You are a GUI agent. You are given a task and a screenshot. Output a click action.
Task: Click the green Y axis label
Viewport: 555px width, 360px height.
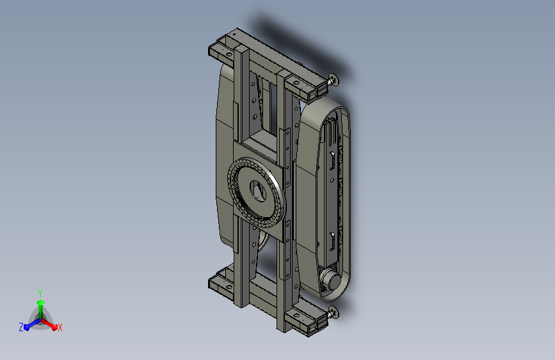coord(40,293)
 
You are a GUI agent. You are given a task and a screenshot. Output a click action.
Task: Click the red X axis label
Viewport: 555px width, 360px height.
coord(60,327)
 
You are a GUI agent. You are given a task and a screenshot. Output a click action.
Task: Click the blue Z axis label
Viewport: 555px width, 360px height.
coord(21,327)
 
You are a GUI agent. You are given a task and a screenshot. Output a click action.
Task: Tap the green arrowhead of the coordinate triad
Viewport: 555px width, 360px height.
coord(40,302)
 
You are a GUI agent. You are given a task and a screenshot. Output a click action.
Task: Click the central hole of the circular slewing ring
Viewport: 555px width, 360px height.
coord(258,191)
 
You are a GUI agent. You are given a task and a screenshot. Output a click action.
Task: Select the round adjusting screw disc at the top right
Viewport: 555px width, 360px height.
coord(334,81)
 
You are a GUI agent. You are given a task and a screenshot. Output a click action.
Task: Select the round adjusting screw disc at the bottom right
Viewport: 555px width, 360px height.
coord(334,312)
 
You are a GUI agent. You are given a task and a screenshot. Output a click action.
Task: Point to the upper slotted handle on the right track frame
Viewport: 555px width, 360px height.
coord(333,160)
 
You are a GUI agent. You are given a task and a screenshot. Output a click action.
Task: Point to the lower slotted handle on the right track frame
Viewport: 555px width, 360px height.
coord(333,241)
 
